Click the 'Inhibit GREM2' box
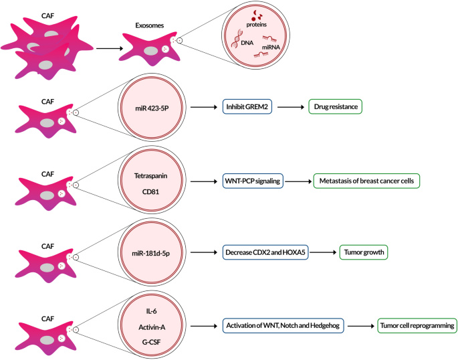pyautogui.click(x=247, y=108)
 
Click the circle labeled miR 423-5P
pyautogui.click(x=153, y=107)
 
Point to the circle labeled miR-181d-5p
pyautogui.click(x=153, y=253)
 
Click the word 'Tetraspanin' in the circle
pyautogui.click(x=153, y=174)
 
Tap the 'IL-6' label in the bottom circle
pyautogui.click(x=153, y=311)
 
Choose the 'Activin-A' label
pyautogui.click(x=153, y=326)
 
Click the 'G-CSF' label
pyautogui.click(x=153, y=341)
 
